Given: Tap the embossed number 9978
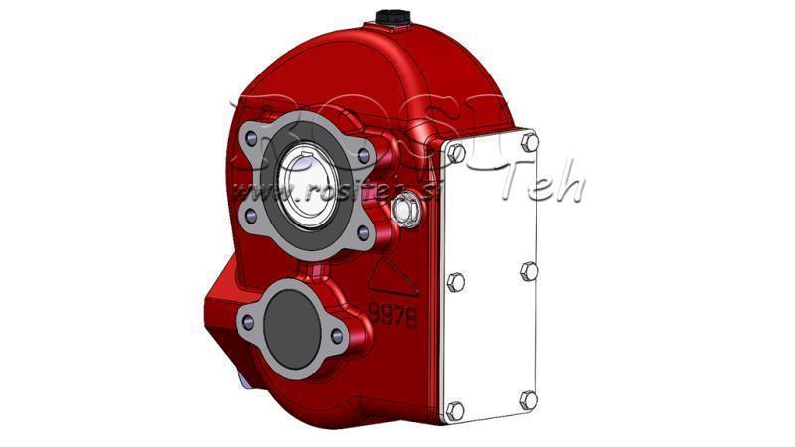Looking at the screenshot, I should point(391,317).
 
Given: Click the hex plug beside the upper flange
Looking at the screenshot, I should point(405,209).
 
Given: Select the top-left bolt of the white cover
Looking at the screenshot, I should point(456,154).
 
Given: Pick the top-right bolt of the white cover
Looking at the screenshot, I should point(528,142).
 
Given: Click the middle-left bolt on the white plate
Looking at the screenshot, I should point(456,282).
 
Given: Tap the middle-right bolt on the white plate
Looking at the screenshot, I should point(530,270).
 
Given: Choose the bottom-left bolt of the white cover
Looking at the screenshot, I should point(456,410).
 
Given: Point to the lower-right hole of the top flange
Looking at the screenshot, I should point(364,232).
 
